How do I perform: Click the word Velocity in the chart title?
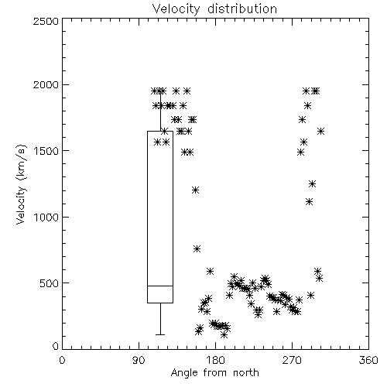click(176, 9)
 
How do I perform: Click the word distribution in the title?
click(242, 9)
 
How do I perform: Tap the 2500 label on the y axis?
click(46, 21)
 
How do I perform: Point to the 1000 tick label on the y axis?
click(46, 217)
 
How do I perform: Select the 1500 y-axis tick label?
click(46, 151)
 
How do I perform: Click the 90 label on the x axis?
click(139, 360)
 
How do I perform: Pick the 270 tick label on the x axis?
click(292, 360)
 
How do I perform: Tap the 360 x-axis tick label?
click(368, 360)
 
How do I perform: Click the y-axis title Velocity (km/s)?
click(21, 184)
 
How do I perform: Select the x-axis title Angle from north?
click(215, 373)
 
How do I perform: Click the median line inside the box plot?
click(160, 286)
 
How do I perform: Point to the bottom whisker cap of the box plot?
click(160, 334)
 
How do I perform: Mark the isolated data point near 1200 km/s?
click(195, 190)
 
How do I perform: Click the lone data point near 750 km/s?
click(197, 249)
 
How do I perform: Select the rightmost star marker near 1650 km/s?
click(320, 132)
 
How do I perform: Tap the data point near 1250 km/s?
click(312, 184)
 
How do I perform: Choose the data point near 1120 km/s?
click(310, 202)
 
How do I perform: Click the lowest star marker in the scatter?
click(224, 335)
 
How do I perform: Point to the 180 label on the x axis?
click(215, 360)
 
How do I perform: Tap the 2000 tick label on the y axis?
click(46, 85)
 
